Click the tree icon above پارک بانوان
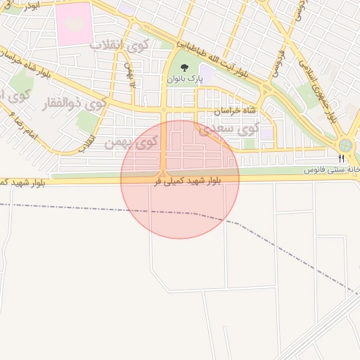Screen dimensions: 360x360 184,68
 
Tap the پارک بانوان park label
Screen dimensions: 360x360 184,80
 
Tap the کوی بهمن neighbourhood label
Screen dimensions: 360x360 129,143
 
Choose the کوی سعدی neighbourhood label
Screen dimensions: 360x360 229,129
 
